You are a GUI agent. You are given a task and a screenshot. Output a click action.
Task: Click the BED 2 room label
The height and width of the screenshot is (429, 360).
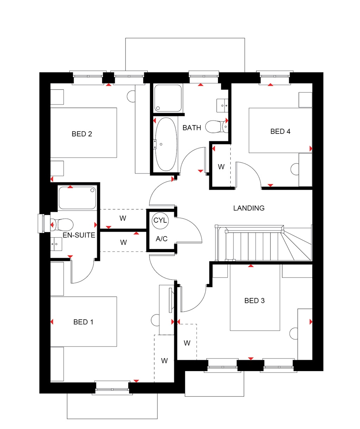82,134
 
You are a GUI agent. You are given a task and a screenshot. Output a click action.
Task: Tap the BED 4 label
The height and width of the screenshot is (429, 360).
280,131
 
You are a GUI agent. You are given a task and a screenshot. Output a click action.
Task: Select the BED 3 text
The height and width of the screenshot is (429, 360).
255,301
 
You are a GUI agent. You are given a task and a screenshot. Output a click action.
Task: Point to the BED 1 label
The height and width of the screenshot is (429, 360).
83,322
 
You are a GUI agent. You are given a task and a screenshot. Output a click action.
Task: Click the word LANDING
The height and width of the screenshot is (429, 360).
249,208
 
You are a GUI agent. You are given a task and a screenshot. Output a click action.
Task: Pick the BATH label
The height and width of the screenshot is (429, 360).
192,128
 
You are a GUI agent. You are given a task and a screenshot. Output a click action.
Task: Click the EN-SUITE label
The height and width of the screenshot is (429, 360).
79,235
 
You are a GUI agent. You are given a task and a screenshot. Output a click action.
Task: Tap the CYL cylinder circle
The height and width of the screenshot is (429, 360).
160,221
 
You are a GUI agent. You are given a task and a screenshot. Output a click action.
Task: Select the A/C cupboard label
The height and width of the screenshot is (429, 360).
161,239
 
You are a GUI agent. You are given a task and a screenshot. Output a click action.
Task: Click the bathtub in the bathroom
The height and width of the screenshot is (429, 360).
166,144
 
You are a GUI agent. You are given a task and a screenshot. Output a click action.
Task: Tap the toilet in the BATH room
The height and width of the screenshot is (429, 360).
214,126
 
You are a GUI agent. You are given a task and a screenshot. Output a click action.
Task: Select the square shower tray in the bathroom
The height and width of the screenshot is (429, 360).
168,98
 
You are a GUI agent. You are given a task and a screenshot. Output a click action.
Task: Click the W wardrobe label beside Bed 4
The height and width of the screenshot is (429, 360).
221,167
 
